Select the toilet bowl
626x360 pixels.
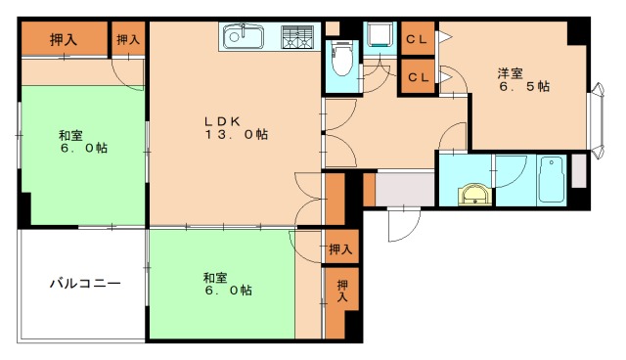342,62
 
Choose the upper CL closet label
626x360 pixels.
417,40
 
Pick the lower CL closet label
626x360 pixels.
417,76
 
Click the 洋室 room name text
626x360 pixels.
510,71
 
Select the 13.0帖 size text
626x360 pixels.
236,135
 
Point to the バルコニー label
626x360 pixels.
85,284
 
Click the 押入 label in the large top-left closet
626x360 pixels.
64,39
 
